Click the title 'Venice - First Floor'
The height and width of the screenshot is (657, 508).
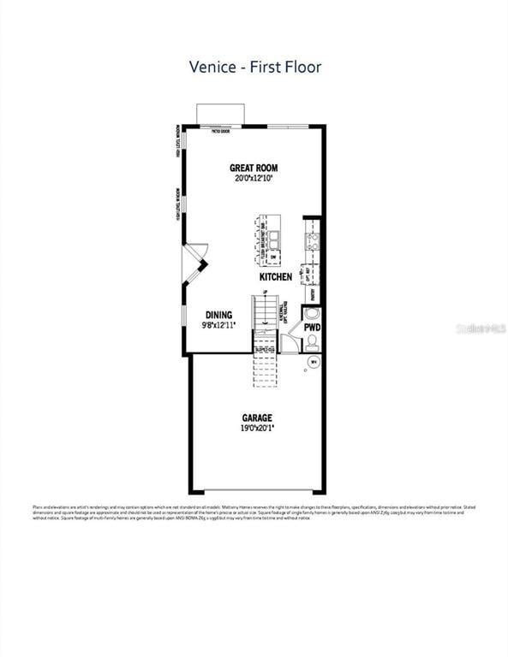point(255,67)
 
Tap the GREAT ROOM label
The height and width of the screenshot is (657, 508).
point(254,168)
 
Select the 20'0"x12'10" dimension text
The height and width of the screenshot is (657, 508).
point(255,179)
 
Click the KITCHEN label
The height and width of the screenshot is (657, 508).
point(276,277)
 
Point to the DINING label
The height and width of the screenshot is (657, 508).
point(218,315)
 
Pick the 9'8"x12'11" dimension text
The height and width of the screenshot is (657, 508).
point(218,325)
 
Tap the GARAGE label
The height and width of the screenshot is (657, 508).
point(256,418)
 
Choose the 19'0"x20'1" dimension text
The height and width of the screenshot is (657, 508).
point(256,429)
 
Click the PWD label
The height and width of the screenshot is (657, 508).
point(313,327)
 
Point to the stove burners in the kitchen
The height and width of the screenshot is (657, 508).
point(314,241)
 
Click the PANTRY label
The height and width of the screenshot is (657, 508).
point(313,293)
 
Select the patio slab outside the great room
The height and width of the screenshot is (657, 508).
point(221,115)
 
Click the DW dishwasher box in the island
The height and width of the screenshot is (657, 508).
point(273,257)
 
